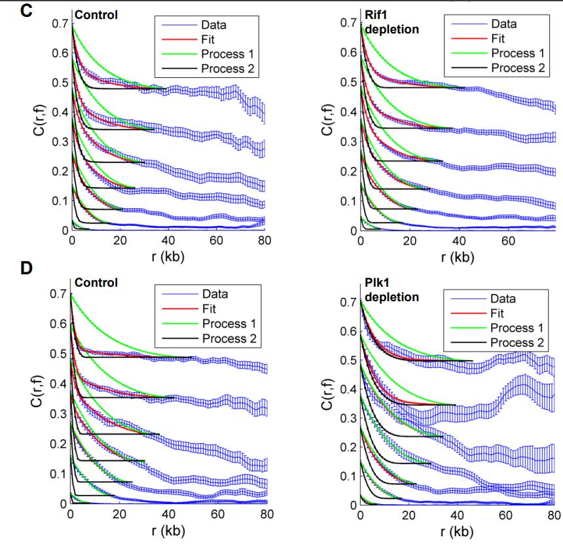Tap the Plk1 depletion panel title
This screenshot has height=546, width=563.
(x=391, y=291)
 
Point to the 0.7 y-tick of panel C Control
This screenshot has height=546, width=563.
(x=60, y=24)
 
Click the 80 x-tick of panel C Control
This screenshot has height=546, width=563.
(x=264, y=240)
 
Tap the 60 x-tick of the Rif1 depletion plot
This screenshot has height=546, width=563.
(x=507, y=240)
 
